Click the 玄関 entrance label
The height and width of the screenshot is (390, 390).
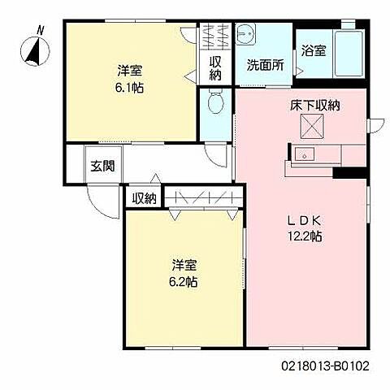click(102, 167)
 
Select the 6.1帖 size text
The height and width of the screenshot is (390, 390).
click(129, 87)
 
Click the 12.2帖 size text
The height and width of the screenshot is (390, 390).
click(305, 236)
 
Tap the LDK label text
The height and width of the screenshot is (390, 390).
click(305, 219)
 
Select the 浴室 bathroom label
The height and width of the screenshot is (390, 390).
click(314, 51)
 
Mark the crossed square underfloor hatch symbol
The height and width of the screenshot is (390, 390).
click(313, 127)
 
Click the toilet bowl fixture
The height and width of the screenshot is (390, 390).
click(215, 103)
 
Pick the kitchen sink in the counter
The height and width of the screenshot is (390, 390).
click(307, 154)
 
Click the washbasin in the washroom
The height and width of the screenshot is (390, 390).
click(246, 37)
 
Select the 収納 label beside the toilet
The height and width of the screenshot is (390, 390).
click(216, 67)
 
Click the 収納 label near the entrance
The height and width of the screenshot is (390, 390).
click(144, 197)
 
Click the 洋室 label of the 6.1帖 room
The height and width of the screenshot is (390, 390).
click(129, 70)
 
